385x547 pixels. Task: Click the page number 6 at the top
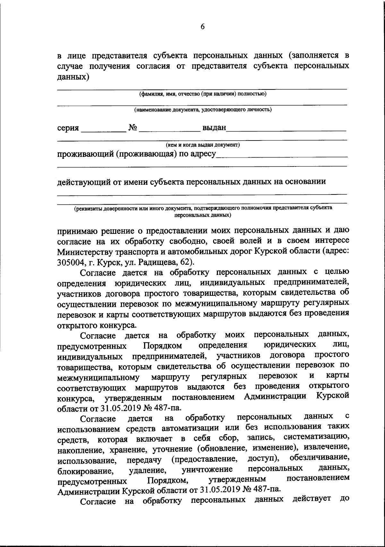202,27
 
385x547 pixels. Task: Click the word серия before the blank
68,128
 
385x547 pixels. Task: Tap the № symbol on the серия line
133,128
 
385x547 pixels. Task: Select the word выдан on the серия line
214,128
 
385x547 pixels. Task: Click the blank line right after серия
104,131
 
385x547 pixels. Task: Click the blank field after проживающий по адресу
282,156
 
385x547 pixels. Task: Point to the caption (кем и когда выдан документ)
202,145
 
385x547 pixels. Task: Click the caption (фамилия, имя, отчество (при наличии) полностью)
202,94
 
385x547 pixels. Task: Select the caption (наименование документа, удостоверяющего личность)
202,110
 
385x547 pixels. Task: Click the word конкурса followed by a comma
76,399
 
